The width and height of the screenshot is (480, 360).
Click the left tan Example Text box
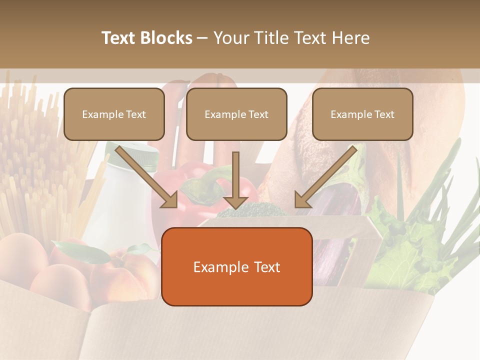114,114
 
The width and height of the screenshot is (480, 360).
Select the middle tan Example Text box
236,114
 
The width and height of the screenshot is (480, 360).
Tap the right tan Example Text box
362,114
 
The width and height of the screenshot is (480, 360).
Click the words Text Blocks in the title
146,38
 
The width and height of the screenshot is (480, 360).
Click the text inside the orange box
236,267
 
